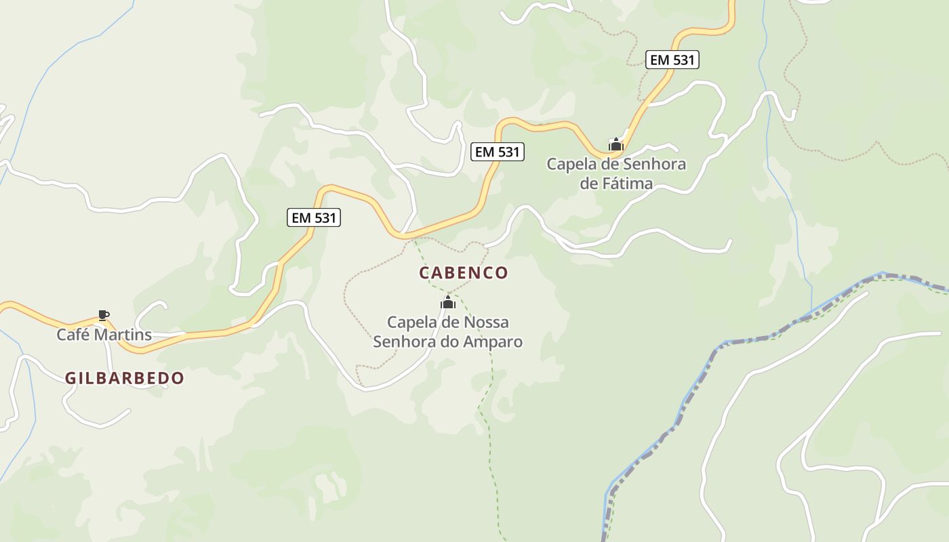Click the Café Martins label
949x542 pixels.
104,335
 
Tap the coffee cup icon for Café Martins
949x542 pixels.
103,315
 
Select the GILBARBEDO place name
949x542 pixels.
125,378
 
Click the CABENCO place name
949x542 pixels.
464,273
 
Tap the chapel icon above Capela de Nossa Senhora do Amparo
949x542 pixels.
448,302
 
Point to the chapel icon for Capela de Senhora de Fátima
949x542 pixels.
615,144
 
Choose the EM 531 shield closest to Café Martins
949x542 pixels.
314,217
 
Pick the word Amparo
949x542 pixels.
493,341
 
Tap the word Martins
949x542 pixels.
123,335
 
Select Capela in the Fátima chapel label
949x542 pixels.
571,164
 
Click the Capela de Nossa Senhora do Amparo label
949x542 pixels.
448,332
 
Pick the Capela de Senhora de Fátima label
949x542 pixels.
616,173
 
